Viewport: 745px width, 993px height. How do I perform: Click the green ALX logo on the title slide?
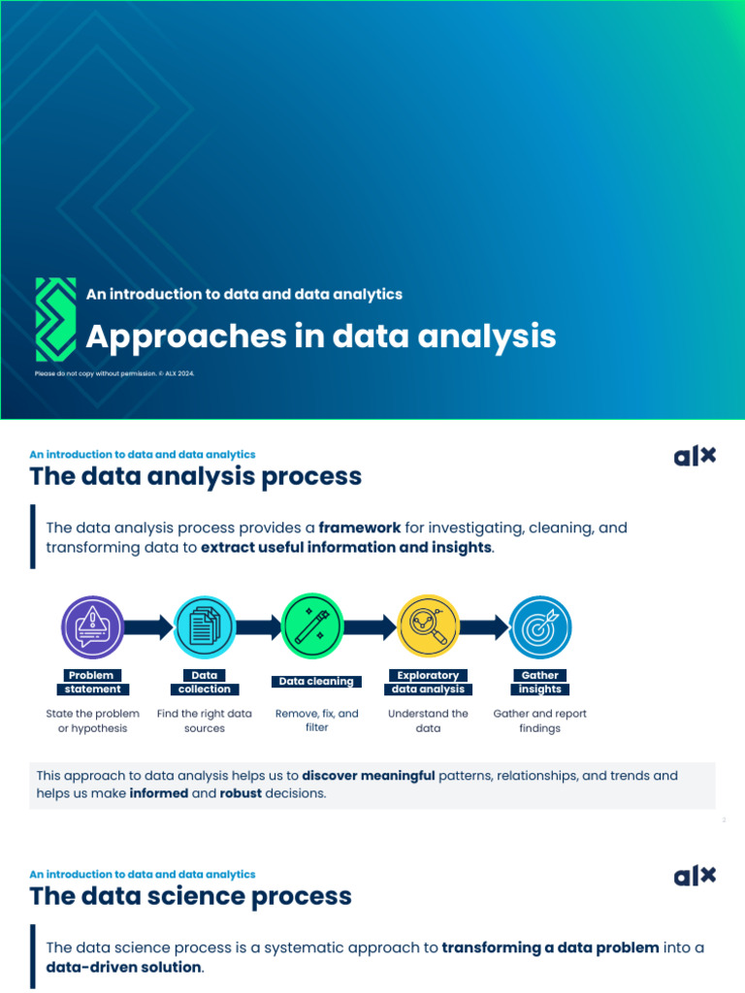pos(55,319)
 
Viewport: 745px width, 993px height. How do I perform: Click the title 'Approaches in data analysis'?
pos(321,336)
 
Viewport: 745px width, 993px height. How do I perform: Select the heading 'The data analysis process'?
pos(195,476)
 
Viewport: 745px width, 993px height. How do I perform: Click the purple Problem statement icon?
pos(93,626)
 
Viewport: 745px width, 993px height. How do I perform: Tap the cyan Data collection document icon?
pos(204,626)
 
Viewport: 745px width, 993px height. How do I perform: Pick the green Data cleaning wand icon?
pos(312,626)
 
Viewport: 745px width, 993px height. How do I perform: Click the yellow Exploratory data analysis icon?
pos(428,626)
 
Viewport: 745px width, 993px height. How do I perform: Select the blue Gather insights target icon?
pos(540,626)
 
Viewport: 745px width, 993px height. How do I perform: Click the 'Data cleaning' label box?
pos(316,682)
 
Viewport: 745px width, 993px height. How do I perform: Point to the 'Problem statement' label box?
pos(93,682)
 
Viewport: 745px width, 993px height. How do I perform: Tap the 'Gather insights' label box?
pos(540,682)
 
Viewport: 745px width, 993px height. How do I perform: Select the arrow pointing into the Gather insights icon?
pos(484,626)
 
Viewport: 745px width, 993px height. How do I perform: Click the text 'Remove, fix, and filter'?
pos(316,721)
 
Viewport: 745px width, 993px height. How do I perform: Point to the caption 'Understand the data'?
pos(428,721)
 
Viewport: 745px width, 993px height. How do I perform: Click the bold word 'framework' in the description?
pos(359,529)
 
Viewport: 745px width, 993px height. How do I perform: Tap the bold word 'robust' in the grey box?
pos(241,793)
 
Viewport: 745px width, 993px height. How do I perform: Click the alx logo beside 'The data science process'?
pos(695,876)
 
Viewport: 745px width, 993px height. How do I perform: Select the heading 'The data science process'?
pos(190,896)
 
